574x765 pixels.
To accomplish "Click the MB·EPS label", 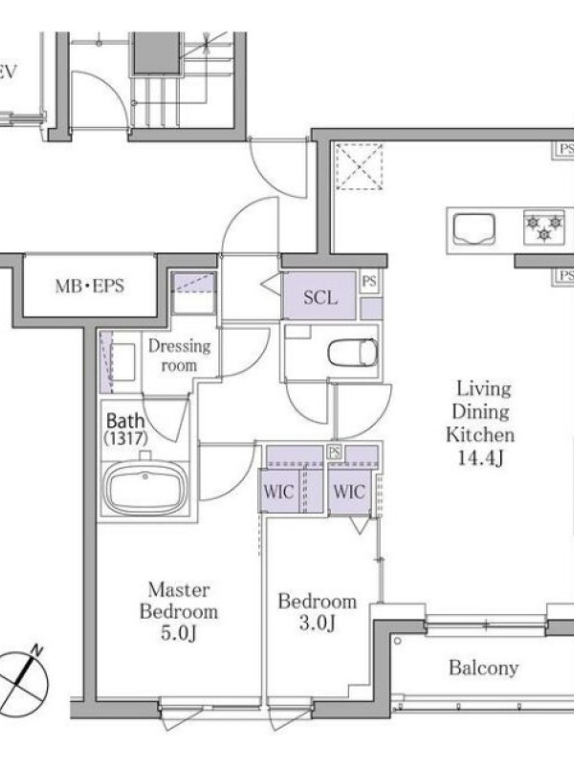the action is point(89,286).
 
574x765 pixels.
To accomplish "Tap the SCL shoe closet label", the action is point(320,297).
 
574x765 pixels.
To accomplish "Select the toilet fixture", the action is point(353,353).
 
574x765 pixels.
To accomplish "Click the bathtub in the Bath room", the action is point(145,488).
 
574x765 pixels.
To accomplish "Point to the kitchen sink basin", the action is point(475,229).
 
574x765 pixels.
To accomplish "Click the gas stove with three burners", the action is point(543,227).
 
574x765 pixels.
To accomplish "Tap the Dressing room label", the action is point(180,355).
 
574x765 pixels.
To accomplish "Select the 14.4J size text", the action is point(480,458).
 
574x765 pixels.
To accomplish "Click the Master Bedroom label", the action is point(179,601).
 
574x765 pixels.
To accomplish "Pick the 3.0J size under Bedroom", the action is point(317,623).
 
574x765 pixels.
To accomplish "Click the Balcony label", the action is point(483,667).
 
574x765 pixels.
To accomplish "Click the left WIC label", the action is point(278,492).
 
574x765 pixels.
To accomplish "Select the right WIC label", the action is point(348,492).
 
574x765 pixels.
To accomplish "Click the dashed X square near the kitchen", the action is point(360,166).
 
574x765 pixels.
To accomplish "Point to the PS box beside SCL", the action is point(370,282).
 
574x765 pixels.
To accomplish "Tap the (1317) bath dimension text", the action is point(126,438).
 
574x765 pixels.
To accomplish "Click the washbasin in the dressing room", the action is point(122,362).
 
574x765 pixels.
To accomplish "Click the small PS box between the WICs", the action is point(334,452).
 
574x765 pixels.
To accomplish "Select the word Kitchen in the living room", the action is point(480,434).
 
